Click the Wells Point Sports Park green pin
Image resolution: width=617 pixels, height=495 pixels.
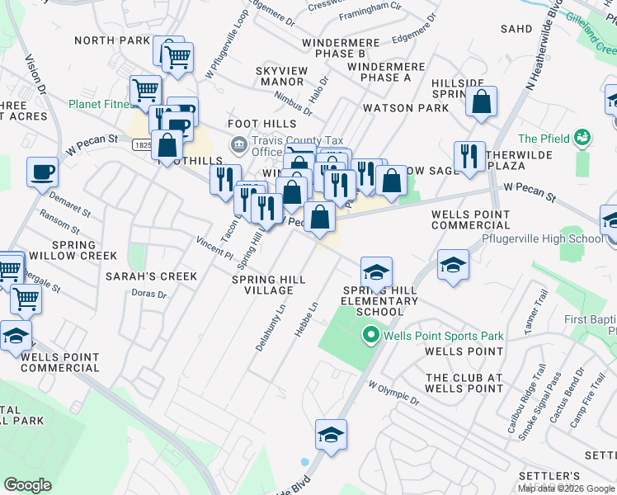[371, 335]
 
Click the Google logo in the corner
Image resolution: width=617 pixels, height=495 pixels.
[27, 485]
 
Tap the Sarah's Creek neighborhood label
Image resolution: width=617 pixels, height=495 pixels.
[151, 276]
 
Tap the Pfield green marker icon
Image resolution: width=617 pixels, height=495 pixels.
[582, 136]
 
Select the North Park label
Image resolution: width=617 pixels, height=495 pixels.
[112, 40]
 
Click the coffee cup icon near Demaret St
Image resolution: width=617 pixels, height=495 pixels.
[42, 172]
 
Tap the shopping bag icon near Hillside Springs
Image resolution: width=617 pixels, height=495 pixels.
[482, 102]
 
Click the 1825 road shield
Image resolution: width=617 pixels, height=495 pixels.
[142, 144]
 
